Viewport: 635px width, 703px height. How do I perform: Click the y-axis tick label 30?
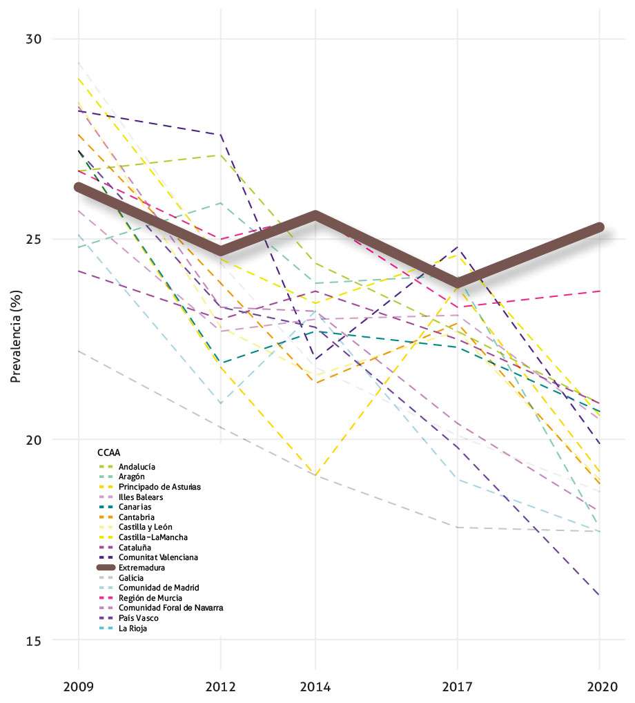(35, 39)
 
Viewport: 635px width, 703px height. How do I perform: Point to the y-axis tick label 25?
(35, 240)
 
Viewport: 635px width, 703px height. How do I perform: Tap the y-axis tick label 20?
(35, 440)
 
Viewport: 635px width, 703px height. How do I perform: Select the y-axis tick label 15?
(35, 640)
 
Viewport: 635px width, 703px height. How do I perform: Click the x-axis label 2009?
(78, 687)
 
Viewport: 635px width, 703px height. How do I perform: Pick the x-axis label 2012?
(221, 687)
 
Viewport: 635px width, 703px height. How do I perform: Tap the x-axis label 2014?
(315, 687)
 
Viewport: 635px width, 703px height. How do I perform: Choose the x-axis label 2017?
(458, 687)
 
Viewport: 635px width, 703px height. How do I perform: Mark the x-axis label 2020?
(600, 687)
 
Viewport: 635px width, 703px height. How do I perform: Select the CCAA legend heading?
(108, 453)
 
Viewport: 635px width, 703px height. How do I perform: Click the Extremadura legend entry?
(141, 567)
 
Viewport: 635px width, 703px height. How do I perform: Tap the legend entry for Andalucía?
(137, 467)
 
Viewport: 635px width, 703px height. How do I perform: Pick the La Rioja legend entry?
(133, 628)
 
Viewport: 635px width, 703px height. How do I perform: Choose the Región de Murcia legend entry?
(150, 597)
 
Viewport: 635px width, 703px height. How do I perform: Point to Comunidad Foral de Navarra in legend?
(170, 608)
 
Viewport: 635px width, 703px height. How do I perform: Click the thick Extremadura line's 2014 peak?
(315, 215)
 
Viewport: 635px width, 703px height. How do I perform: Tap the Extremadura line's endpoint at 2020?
(600, 227)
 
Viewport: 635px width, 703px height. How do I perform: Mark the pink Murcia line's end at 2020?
(600, 291)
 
